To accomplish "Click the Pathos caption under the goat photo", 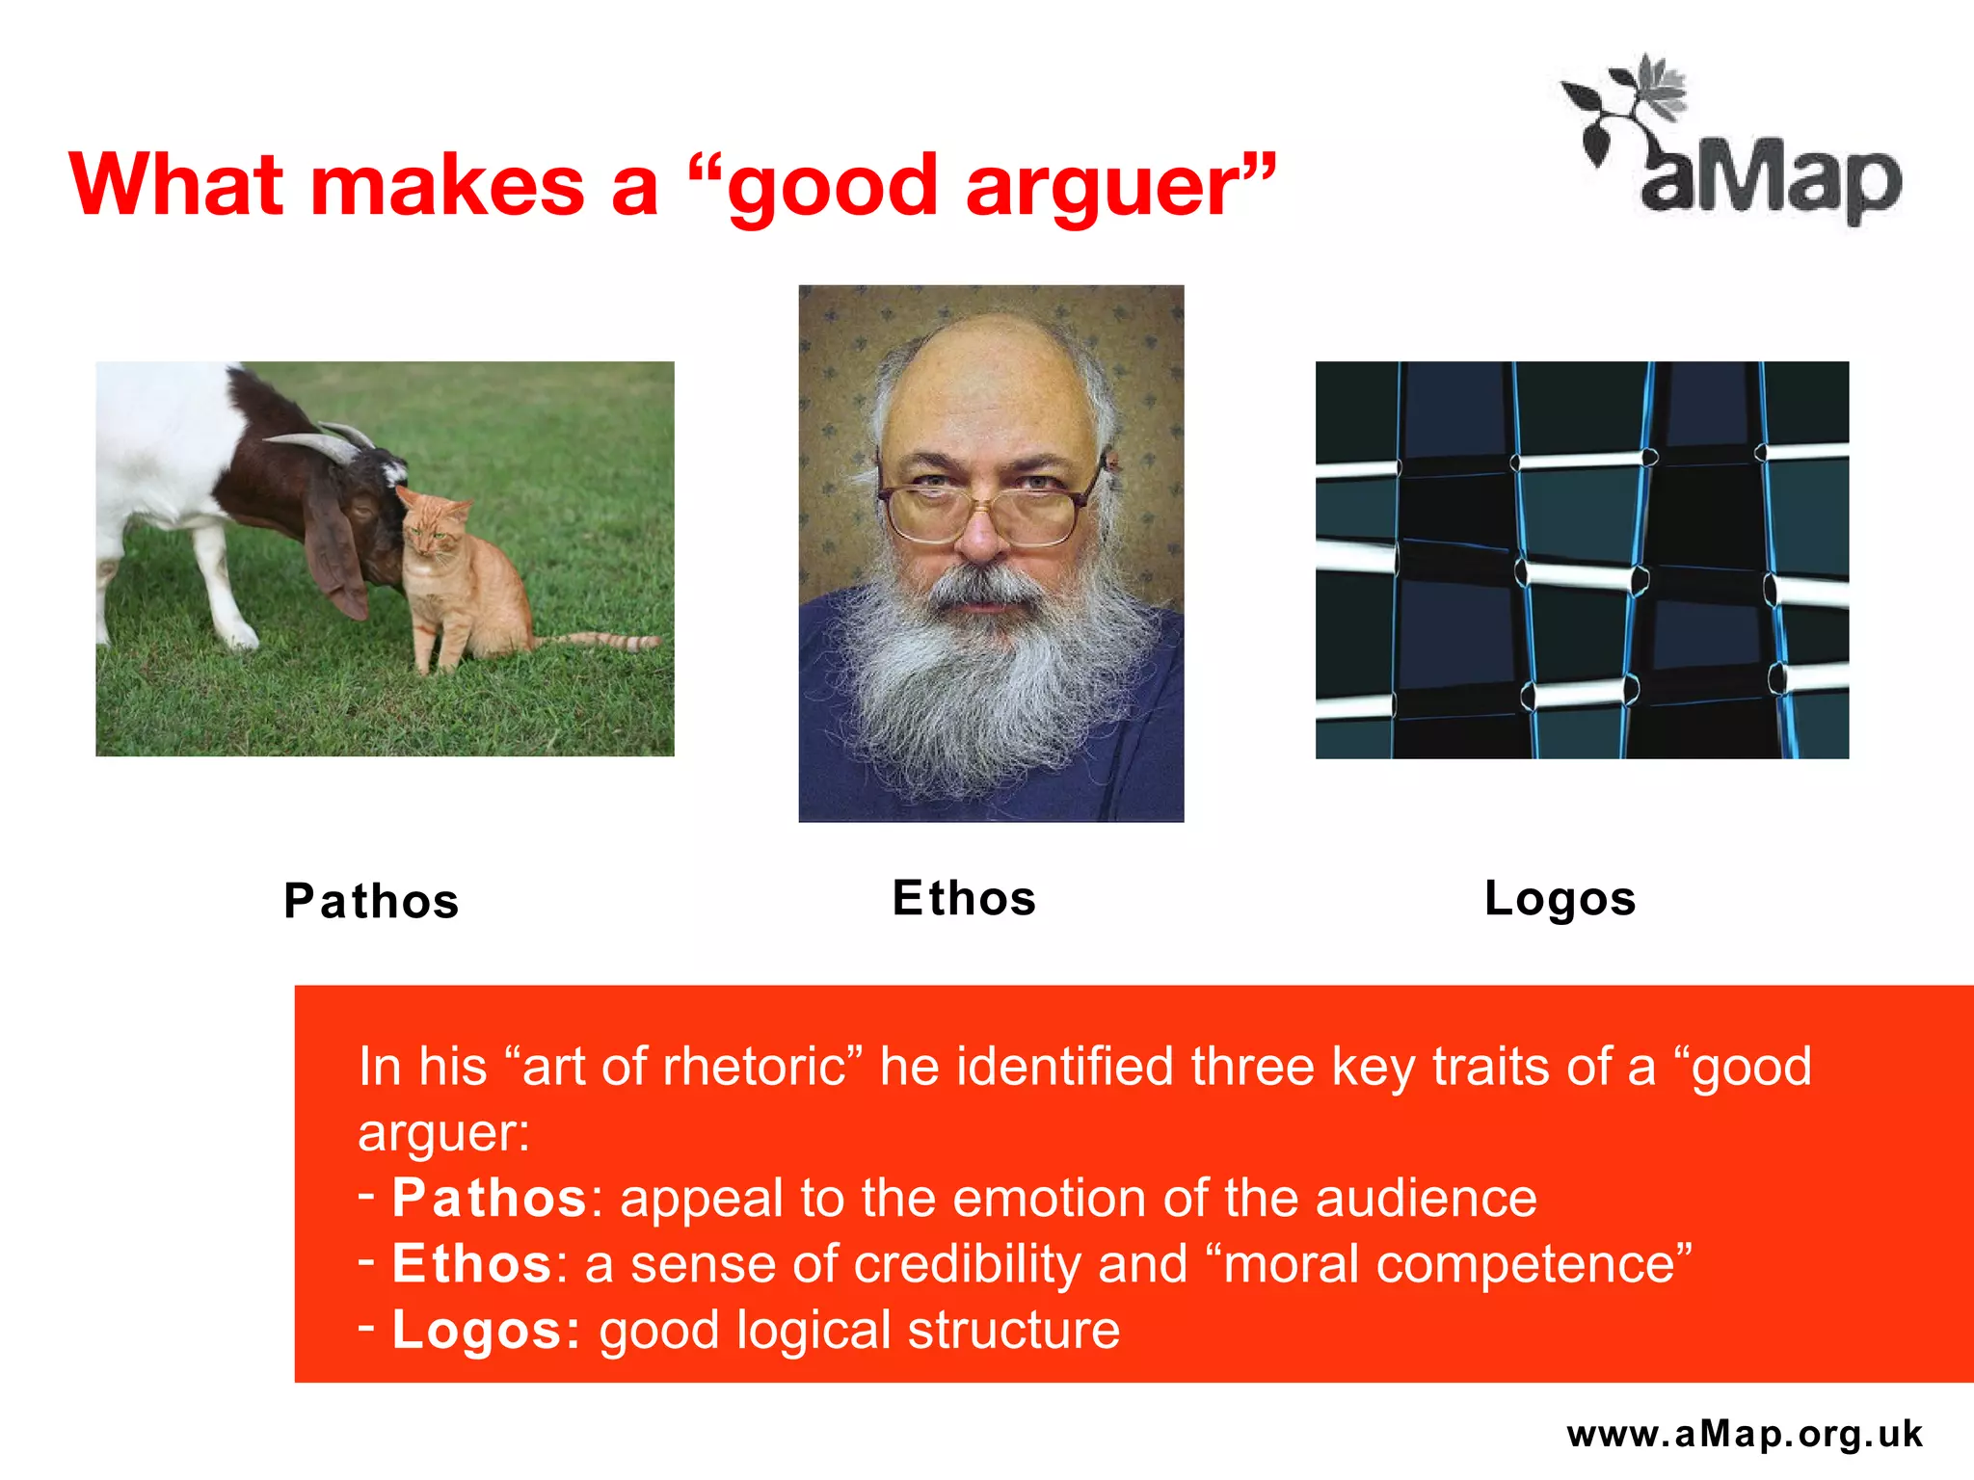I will (x=371, y=902).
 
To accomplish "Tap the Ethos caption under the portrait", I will (x=964, y=898).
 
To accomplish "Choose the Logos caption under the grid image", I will (x=1560, y=898).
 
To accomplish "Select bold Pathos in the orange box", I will (x=489, y=1198).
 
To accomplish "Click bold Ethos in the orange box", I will (x=471, y=1263).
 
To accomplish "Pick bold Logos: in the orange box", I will (x=486, y=1330).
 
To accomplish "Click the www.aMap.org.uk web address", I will (x=1745, y=1434).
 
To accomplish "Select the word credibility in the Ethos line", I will (x=967, y=1263).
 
